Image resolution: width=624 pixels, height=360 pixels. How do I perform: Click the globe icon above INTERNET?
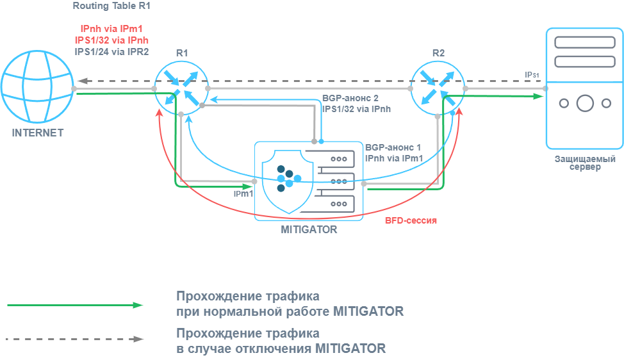click(x=38, y=88)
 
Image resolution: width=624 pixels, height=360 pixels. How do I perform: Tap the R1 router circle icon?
click(x=182, y=87)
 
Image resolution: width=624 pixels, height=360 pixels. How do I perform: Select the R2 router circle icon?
click(x=438, y=87)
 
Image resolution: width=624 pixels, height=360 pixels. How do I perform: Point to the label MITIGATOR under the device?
click(x=309, y=229)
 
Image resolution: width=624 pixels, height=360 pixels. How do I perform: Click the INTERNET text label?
click(x=38, y=133)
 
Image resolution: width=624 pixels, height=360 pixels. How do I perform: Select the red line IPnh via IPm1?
click(x=111, y=29)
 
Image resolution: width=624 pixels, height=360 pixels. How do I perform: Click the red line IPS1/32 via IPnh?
click(x=111, y=40)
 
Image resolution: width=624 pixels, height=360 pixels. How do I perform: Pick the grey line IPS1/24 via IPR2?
click(x=111, y=52)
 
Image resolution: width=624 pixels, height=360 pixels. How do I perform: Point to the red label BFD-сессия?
click(x=411, y=220)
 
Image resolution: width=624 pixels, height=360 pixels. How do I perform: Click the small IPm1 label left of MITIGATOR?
click(x=243, y=193)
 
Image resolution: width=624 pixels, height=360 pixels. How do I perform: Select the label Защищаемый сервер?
click(x=586, y=163)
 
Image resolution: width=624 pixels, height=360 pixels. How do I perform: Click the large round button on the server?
click(x=584, y=102)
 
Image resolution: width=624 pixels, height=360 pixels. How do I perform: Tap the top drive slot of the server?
click(x=584, y=43)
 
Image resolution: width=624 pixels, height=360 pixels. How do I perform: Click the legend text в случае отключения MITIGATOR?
click(x=281, y=348)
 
